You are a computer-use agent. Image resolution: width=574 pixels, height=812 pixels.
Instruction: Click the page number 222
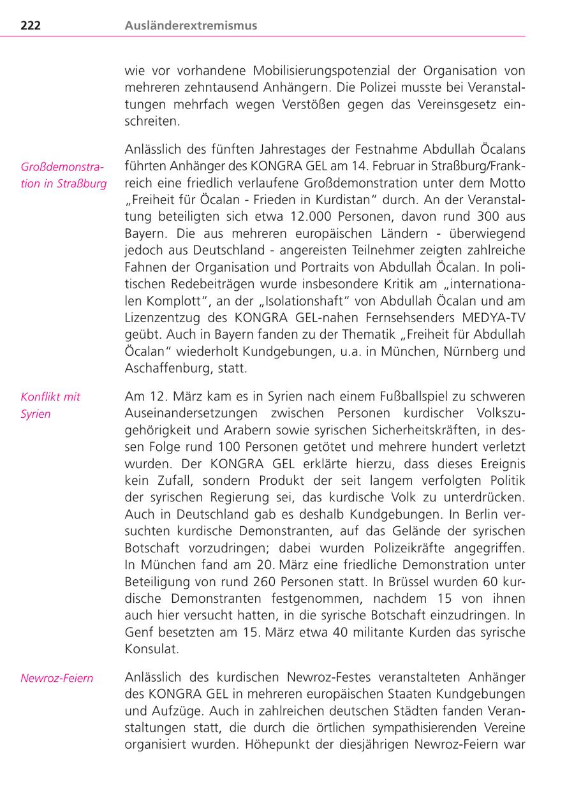click(31, 26)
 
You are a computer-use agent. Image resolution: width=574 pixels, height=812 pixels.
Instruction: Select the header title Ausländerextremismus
click(191, 26)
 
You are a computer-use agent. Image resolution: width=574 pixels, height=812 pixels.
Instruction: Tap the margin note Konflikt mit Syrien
click(50, 405)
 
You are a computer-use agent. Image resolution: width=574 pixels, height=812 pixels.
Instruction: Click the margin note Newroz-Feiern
click(57, 678)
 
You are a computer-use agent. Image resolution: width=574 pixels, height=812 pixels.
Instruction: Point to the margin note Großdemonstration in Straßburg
click(64, 175)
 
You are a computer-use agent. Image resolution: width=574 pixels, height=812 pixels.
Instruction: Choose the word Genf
click(138, 631)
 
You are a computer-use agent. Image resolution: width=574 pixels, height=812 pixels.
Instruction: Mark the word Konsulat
click(151, 649)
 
